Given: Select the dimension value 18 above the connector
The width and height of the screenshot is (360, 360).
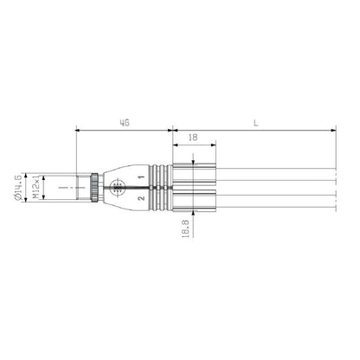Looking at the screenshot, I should point(190,138).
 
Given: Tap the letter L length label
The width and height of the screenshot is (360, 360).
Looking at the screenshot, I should point(256,123).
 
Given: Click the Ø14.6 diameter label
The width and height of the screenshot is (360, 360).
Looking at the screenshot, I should point(19,188).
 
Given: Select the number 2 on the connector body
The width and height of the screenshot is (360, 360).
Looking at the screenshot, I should point(140,198).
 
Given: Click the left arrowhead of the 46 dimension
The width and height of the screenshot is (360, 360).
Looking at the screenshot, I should point(79,131).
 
